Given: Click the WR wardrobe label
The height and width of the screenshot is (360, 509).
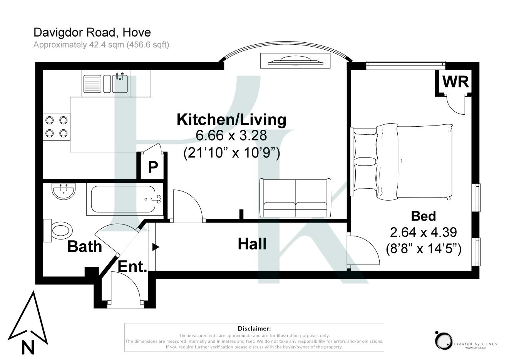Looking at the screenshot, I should point(455,82).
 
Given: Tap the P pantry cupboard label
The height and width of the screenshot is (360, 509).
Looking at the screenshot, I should point(153,167).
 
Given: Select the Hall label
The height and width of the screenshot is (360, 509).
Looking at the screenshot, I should point(252,244).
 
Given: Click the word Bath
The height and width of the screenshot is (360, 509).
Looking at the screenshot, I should point(84,246).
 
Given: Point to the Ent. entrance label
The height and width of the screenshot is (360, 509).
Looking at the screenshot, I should point(132,266).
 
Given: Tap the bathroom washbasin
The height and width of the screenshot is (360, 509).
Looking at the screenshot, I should point(64,191).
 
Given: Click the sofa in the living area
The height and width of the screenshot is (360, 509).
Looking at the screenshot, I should point(295,198).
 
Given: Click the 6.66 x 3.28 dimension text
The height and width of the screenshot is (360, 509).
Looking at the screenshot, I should point(231,136).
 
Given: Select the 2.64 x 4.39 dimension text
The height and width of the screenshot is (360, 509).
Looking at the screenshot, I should point(423,232).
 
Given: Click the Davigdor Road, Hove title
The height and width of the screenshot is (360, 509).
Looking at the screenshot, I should point(92,32).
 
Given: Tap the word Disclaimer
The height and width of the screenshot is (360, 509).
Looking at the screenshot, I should point(254,328).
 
